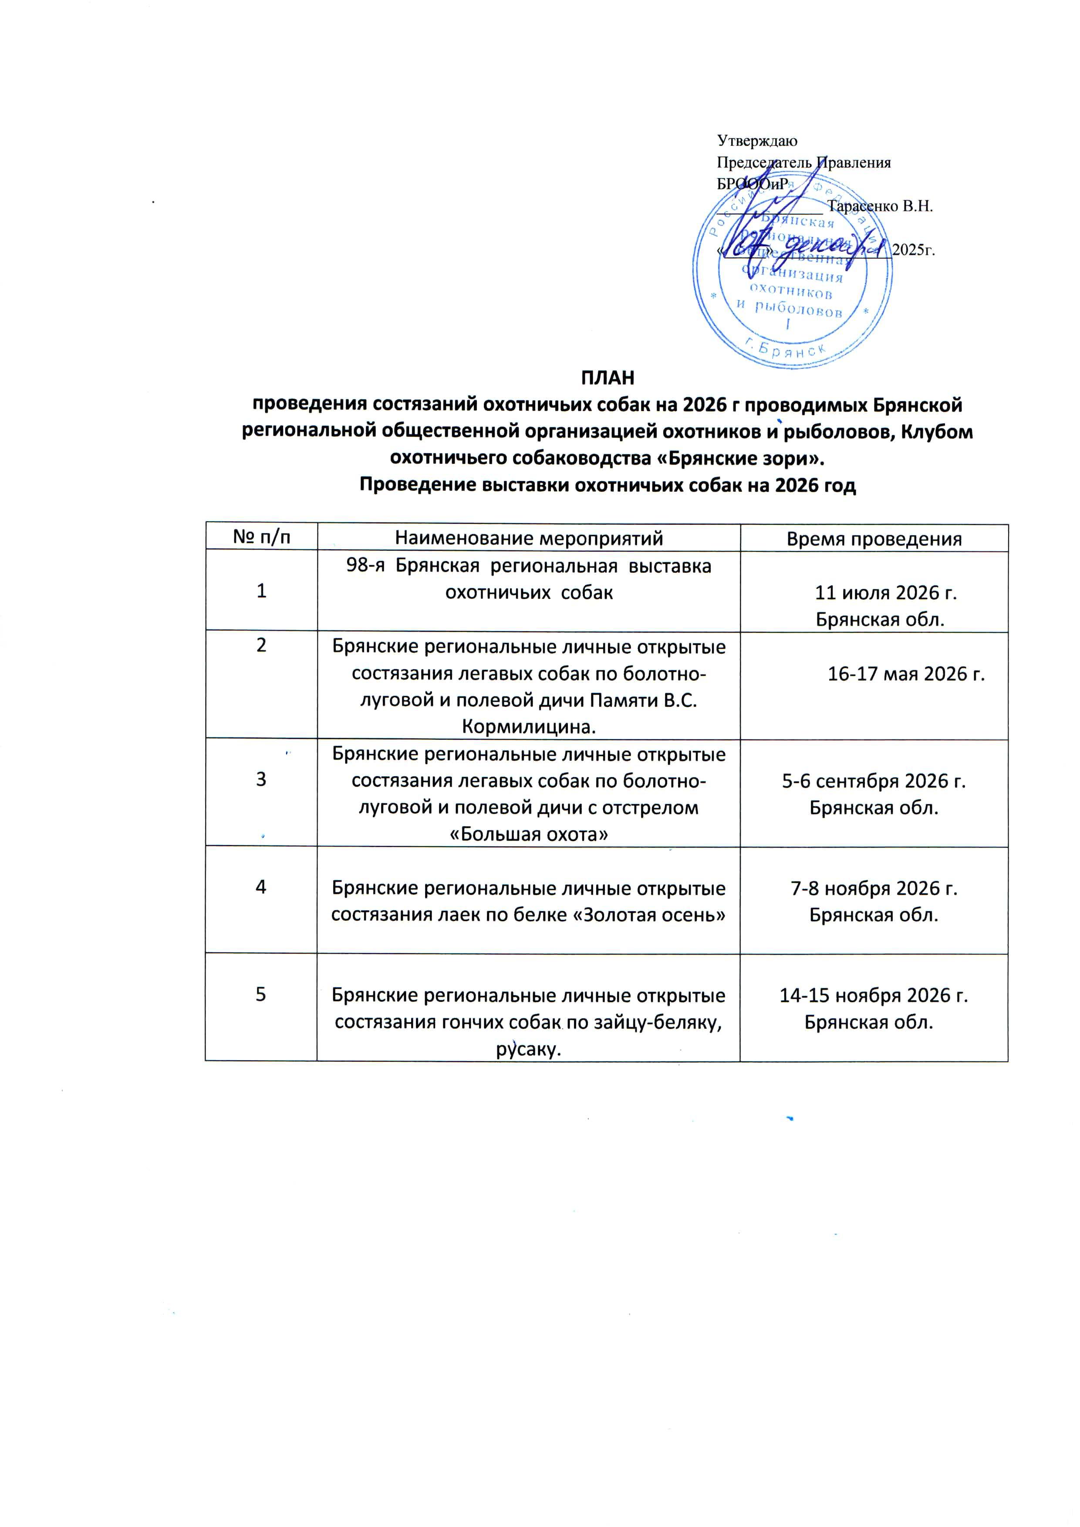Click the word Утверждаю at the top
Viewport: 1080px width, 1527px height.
click(x=757, y=141)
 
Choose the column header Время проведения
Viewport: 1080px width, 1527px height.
click(x=874, y=539)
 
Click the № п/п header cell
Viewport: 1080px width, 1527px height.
click(x=261, y=537)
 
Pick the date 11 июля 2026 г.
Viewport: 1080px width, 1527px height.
click(x=886, y=593)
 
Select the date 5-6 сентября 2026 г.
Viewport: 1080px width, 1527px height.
click(x=874, y=781)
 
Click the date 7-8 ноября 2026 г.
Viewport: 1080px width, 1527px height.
click(x=874, y=888)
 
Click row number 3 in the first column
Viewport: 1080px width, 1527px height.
click(x=261, y=779)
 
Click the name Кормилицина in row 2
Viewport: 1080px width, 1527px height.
click(x=529, y=727)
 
